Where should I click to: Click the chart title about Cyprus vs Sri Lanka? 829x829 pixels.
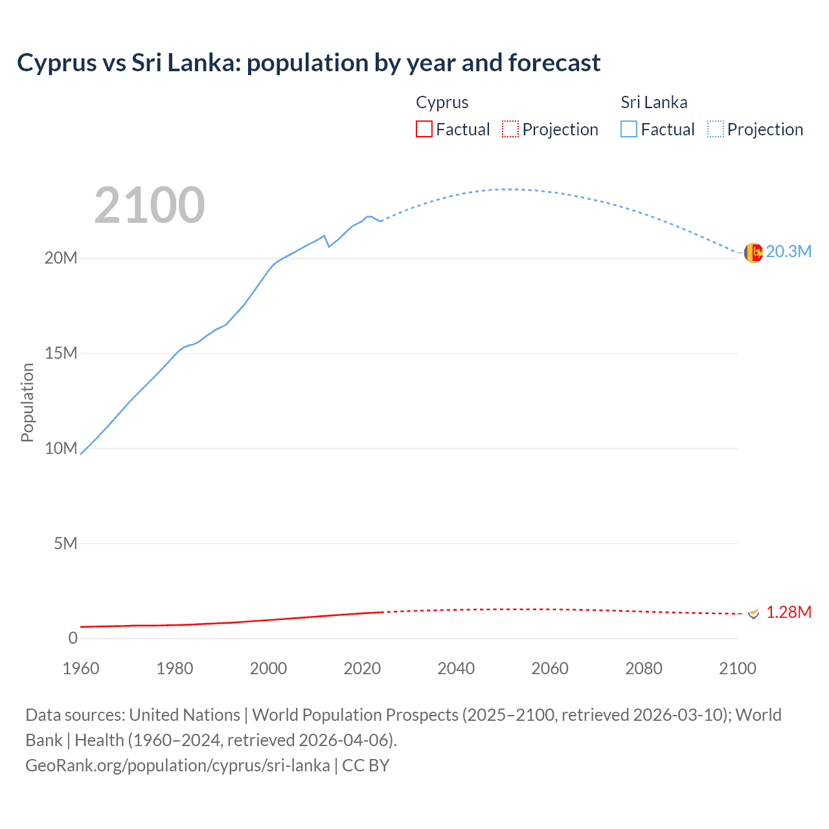coord(308,63)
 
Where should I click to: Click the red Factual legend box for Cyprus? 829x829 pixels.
coord(424,129)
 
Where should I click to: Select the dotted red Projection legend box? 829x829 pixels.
coord(510,129)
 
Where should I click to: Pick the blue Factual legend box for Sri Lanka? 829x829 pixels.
coord(628,129)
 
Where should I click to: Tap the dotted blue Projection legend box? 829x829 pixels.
coord(715,129)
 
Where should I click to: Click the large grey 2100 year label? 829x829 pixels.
coord(150,205)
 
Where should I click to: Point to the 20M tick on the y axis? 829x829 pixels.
coord(61,258)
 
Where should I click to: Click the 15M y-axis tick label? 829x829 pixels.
coord(61,353)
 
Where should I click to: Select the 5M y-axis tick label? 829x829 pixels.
coord(65,543)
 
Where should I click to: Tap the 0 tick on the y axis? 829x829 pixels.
coord(73,638)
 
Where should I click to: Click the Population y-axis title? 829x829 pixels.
coord(27,402)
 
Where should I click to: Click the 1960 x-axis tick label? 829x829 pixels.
coord(81,668)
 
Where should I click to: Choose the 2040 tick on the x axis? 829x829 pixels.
coord(456,668)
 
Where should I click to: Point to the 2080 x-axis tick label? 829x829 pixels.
coord(644,668)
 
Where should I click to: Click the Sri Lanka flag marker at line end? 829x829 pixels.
coord(753,253)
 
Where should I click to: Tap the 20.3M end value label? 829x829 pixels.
coord(788,251)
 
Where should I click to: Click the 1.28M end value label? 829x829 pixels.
coord(788,612)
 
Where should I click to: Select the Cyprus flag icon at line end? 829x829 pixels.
coord(753,613)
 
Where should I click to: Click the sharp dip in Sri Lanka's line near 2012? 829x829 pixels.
coord(329,246)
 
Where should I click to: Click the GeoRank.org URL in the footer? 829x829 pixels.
coord(177,765)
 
